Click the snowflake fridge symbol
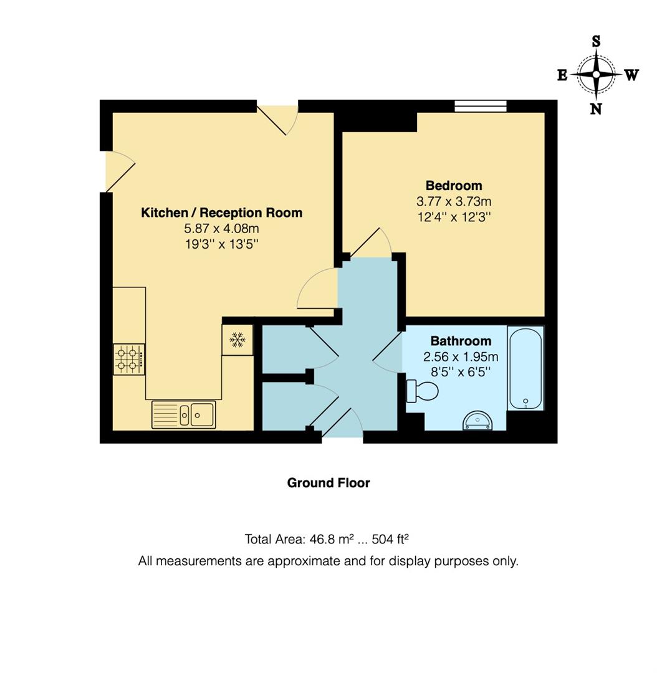coord(237,340)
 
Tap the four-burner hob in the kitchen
coord(129,360)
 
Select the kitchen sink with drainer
coord(184,414)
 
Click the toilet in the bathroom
coord(422,391)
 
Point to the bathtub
coord(525,368)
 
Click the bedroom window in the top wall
coord(480,107)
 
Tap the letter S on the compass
coord(596,42)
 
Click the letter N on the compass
coord(596,109)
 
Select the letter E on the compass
coord(562,75)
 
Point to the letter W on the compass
coord(631,75)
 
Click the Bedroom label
coord(453,186)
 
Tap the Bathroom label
coord(461,341)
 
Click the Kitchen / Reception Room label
coord(221,212)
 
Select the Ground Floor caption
coord(328,483)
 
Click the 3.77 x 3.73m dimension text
coord(453,202)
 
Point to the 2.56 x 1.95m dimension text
coord(461,357)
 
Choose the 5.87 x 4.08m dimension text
coord(221,229)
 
